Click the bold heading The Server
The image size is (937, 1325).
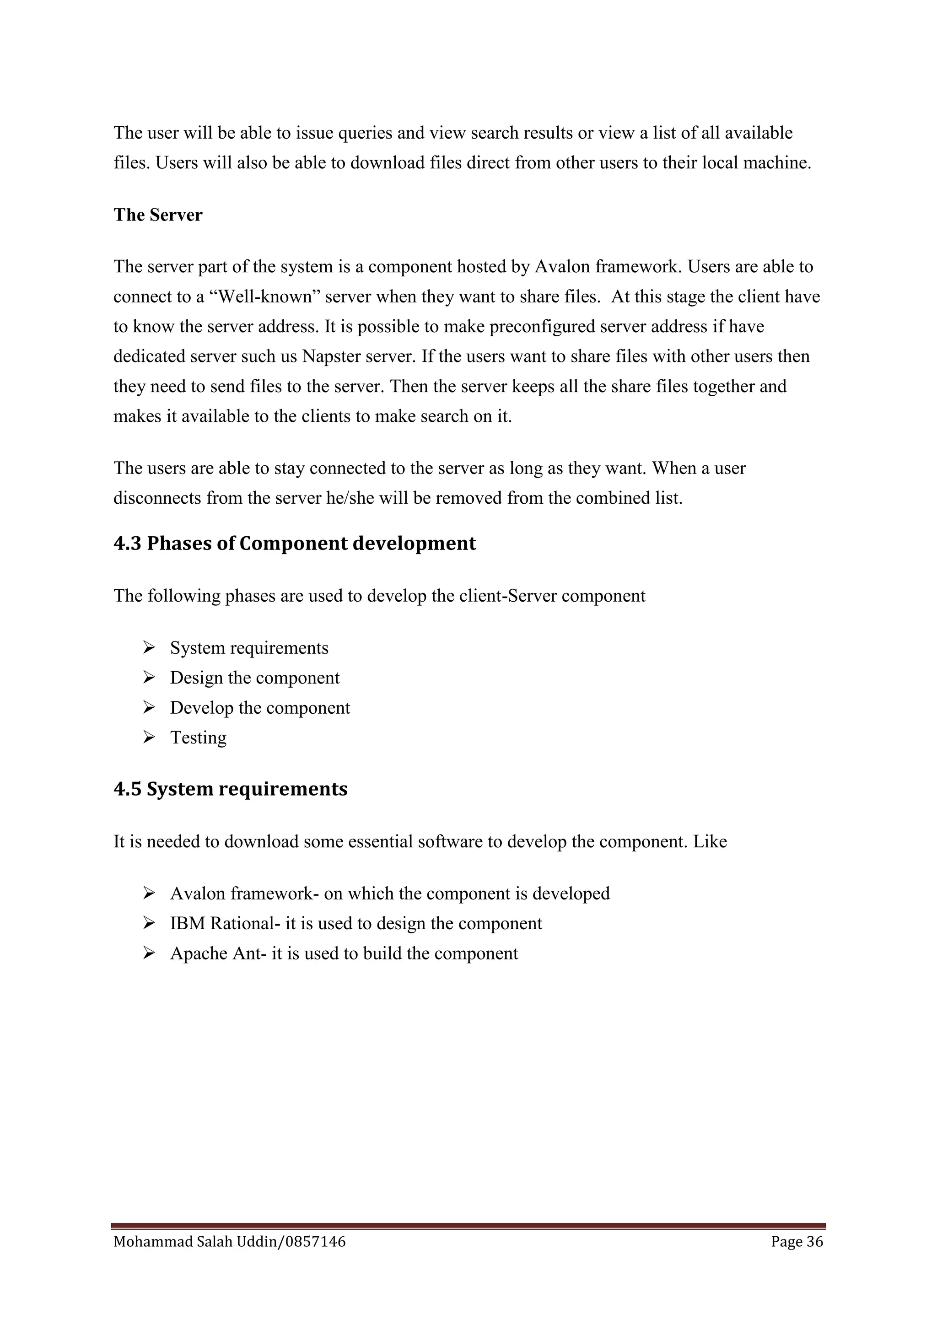tap(157, 215)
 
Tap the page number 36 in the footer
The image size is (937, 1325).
tap(815, 1241)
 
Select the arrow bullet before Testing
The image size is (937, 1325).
tap(149, 737)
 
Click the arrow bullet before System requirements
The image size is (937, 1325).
tap(149, 647)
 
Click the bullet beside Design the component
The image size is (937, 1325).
tap(149, 678)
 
